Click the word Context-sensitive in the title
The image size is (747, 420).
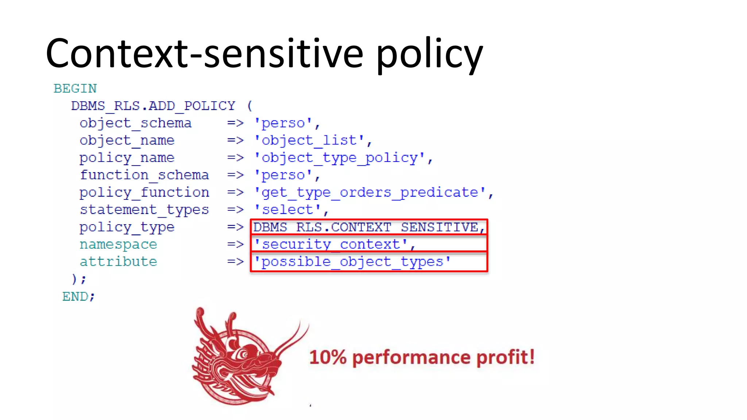click(x=204, y=54)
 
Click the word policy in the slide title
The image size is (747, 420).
click(x=429, y=55)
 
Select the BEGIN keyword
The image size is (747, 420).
click(x=75, y=89)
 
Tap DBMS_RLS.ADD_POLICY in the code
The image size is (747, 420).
click(x=153, y=106)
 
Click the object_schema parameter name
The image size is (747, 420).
click(x=135, y=123)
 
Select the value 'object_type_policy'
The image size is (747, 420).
click(x=343, y=158)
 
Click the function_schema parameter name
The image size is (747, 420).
click(x=144, y=175)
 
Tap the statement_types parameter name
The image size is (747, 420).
click(x=144, y=210)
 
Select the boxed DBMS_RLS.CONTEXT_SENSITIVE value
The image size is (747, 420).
click(x=368, y=227)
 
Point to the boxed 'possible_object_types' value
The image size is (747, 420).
click(x=352, y=262)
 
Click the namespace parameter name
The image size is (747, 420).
click(x=118, y=244)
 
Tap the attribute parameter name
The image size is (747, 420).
click(x=118, y=262)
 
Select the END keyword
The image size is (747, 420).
click(x=78, y=296)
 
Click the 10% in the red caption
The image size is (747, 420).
click(x=327, y=357)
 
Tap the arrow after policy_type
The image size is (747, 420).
click(x=235, y=227)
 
